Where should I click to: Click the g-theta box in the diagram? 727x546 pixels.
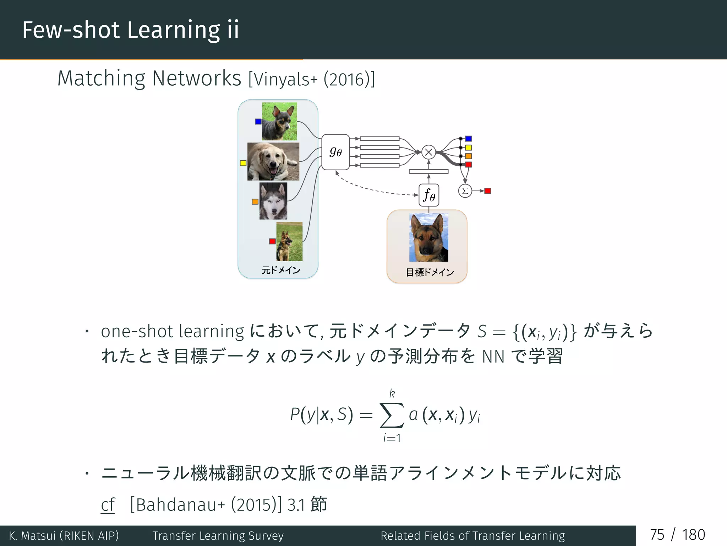(335, 152)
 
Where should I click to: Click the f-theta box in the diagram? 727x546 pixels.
(429, 195)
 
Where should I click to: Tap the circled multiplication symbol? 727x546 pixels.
(428, 152)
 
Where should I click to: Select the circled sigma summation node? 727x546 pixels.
(465, 191)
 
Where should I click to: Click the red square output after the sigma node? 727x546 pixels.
(488, 191)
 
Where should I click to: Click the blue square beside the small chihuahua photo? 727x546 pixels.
(258, 122)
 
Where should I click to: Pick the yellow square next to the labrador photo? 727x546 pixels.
(243, 163)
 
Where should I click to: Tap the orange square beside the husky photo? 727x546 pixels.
(255, 202)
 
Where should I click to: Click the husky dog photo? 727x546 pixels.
(273, 201)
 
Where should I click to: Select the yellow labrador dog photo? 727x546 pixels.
(273, 161)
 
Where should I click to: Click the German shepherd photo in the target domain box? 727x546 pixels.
(428, 237)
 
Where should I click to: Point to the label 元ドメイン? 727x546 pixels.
(281, 270)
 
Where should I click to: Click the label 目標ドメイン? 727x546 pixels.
(430, 272)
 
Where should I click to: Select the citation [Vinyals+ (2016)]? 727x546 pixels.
(311, 79)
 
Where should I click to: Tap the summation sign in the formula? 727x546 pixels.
(392, 415)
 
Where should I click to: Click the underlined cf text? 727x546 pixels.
(108, 505)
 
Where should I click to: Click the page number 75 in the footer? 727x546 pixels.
(657, 535)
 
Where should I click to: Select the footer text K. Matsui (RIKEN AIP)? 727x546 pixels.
(64, 535)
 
